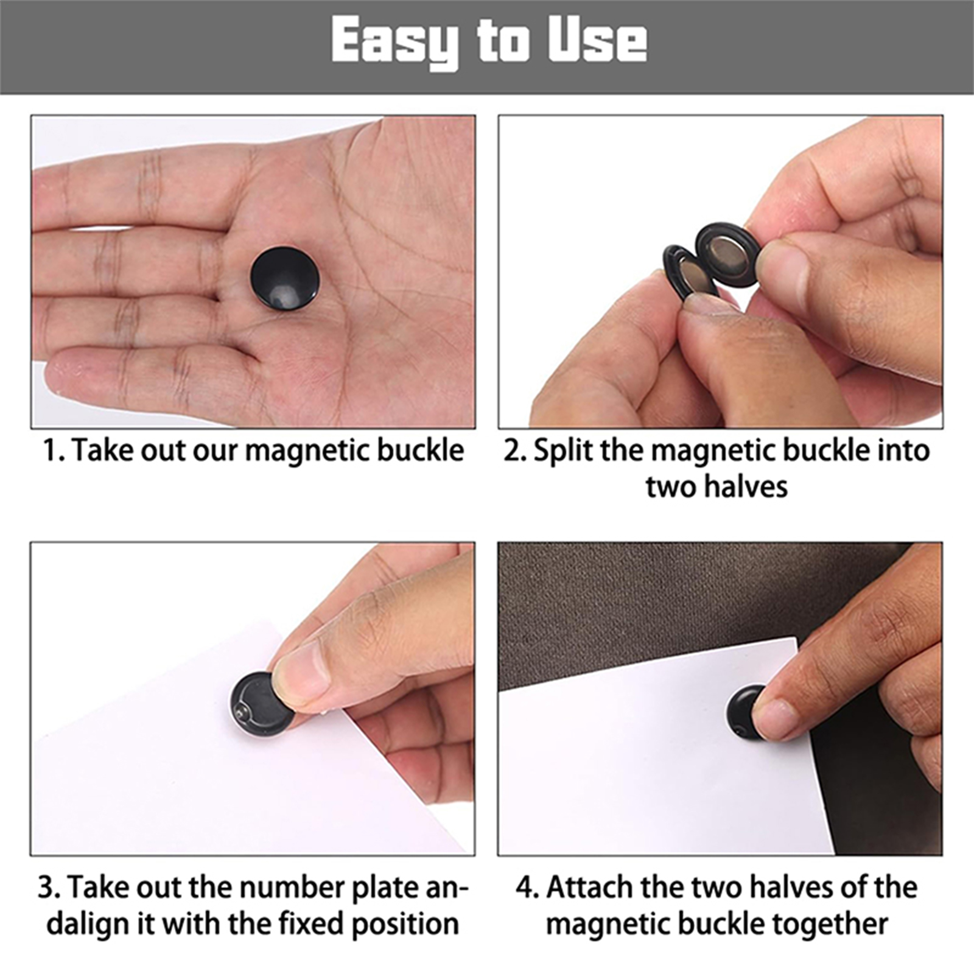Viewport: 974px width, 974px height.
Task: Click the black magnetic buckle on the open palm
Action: pyautogui.click(x=284, y=278)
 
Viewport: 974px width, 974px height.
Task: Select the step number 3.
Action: pyautogui.click(x=48, y=888)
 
